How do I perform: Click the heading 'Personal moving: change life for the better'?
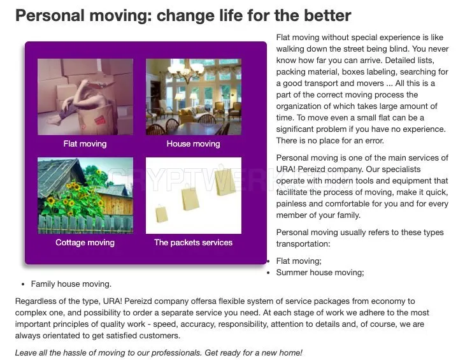point(183,15)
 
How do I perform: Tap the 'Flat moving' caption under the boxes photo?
point(85,144)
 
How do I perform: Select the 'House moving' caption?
point(194,144)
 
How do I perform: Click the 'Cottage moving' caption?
point(85,243)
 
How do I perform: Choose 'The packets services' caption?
point(194,243)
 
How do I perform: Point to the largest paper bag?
point(225,182)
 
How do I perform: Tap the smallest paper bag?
point(161,214)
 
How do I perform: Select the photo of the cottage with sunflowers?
point(85,196)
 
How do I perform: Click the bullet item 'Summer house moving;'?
point(320,273)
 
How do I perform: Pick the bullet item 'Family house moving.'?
point(71,284)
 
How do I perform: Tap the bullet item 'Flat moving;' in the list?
point(299,261)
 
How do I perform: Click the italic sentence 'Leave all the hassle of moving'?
point(159,353)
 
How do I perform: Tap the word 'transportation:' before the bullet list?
point(303,244)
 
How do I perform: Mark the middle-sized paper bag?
point(189,196)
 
